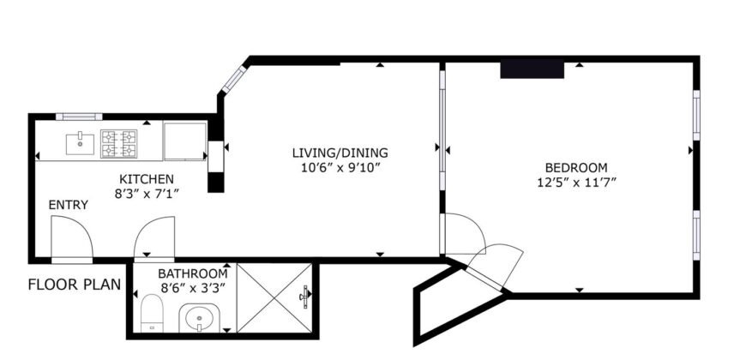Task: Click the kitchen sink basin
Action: point(82,141)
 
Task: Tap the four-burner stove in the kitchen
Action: point(119,143)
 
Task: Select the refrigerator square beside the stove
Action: point(184,141)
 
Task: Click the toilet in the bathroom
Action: point(151,312)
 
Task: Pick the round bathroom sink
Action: point(200,321)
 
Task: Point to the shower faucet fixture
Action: point(304,297)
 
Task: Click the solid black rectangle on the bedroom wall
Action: point(532,69)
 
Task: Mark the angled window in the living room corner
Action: point(232,79)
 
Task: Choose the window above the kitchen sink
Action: point(79,117)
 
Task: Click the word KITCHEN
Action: point(147,179)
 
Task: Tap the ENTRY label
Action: point(67,205)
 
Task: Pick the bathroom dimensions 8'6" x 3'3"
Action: point(193,288)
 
